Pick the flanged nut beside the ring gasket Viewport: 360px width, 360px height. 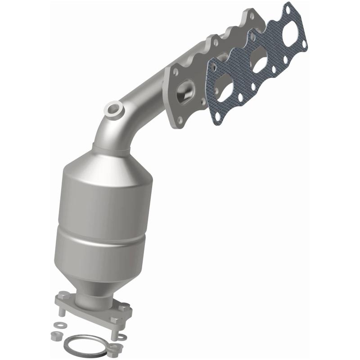[x=120, y=347]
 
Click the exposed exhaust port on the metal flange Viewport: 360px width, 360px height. [x=184, y=93]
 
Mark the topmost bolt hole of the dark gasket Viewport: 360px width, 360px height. [x=286, y=8]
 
